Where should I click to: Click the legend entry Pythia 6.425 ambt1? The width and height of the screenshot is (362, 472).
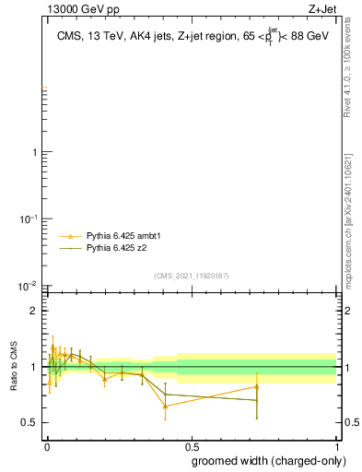point(123,237)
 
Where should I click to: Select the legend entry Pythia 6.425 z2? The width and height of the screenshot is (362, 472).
point(117,248)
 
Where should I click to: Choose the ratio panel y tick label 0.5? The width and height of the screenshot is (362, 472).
point(29,422)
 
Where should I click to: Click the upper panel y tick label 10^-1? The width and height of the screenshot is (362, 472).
point(28,218)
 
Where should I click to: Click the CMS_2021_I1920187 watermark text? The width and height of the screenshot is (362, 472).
point(192,277)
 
